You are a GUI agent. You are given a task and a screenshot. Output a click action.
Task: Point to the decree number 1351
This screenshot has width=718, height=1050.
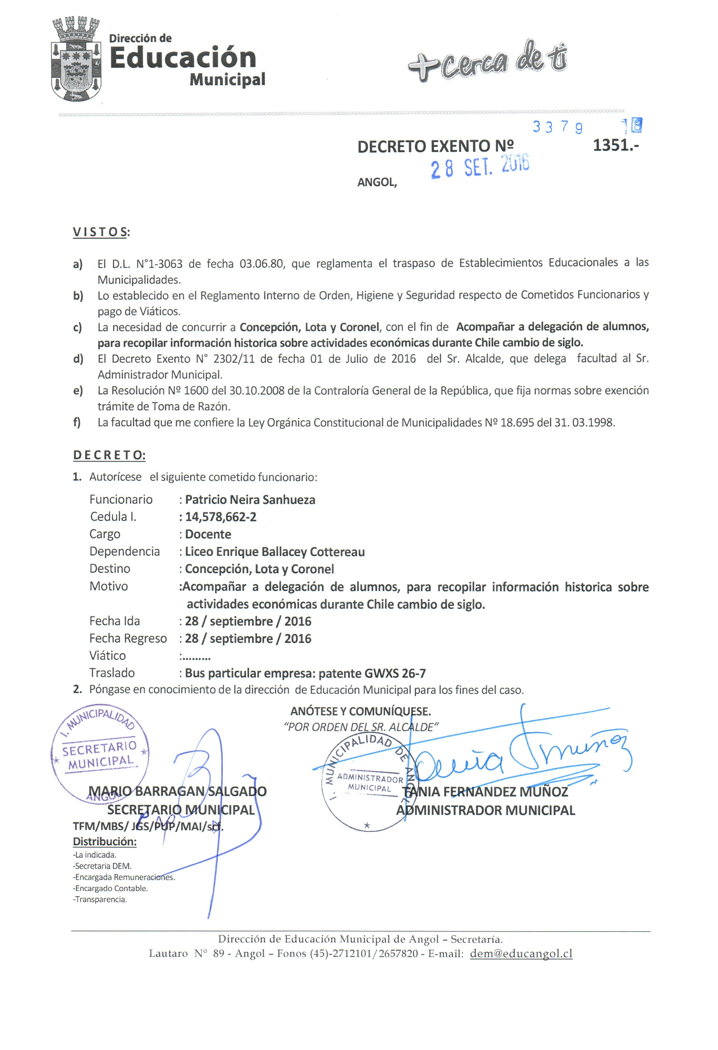(x=615, y=146)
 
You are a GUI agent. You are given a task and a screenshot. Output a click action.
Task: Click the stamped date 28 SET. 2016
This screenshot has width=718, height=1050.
(x=480, y=167)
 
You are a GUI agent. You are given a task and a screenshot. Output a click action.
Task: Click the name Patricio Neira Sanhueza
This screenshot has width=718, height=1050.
(x=250, y=500)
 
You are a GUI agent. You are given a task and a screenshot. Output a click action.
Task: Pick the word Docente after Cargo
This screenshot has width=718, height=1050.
(x=208, y=534)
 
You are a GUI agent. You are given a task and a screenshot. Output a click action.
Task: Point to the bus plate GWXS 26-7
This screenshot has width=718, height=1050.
(x=395, y=673)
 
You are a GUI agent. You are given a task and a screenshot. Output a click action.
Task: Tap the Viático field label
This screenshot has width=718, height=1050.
(x=108, y=655)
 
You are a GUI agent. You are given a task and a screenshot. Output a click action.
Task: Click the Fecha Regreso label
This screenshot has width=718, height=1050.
(x=128, y=638)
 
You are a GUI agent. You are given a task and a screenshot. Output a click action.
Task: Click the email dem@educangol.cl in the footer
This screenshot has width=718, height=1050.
(x=521, y=954)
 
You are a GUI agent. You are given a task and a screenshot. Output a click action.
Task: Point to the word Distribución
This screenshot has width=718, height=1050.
(x=104, y=842)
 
